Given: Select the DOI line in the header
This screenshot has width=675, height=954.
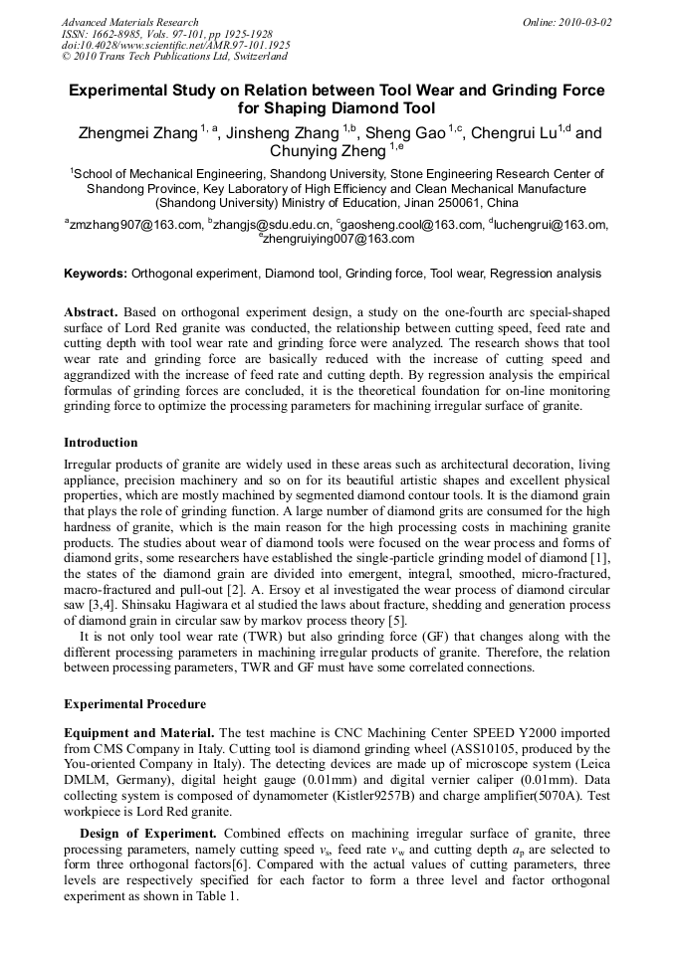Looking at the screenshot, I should click(x=176, y=46).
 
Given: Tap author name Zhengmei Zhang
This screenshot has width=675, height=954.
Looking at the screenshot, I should click(x=138, y=133).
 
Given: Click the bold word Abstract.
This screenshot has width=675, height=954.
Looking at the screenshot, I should click(x=91, y=311).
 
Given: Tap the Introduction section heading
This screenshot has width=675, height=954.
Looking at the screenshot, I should click(x=101, y=443).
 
